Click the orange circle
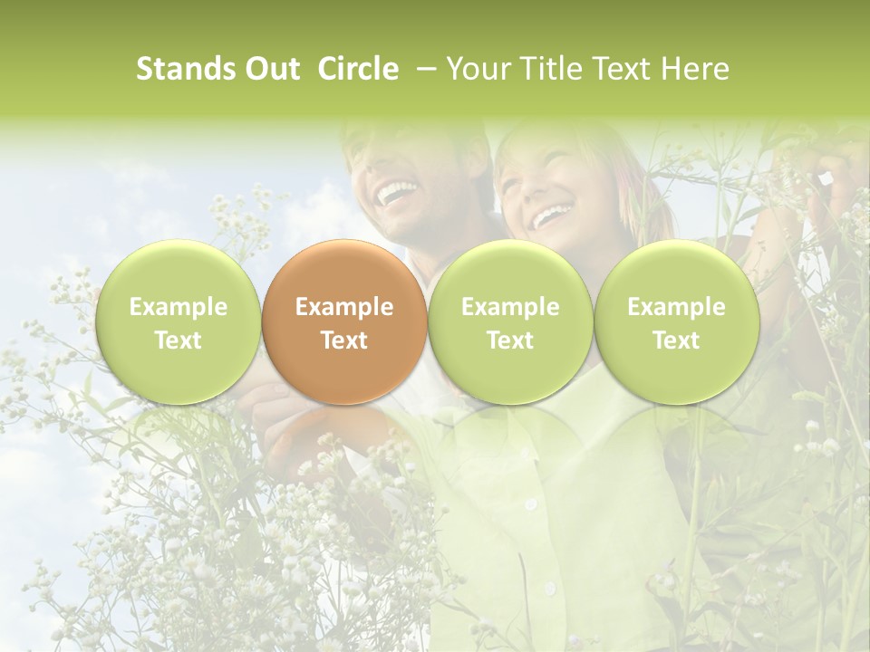[x=344, y=322]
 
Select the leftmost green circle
[x=179, y=322]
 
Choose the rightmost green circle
[x=676, y=322]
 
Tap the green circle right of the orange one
[x=510, y=322]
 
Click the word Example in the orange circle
[x=344, y=307]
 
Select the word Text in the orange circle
[x=344, y=340]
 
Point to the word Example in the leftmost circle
[x=179, y=307]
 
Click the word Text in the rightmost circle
[x=676, y=340]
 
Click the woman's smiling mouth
[x=551, y=216]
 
